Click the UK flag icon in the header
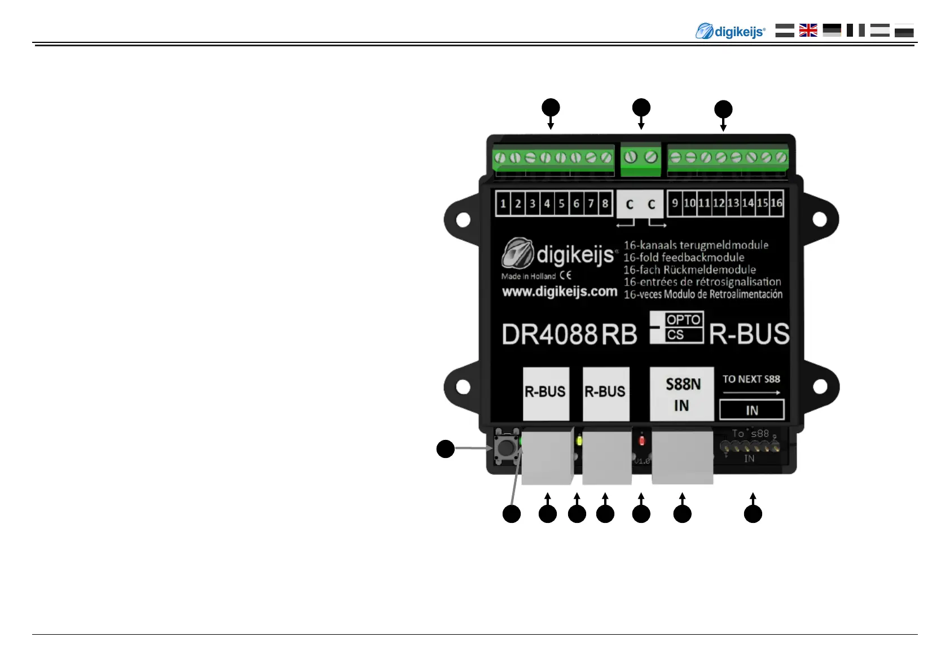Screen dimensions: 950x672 pyautogui.click(x=808, y=30)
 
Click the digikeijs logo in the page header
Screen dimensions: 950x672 pyautogui.click(x=731, y=31)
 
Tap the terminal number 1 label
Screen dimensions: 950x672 pyautogui.click(x=503, y=203)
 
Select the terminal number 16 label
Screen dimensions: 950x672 pyautogui.click(x=776, y=203)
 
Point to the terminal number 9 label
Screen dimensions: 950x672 pyautogui.click(x=675, y=203)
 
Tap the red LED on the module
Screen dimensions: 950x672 pyautogui.click(x=641, y=440)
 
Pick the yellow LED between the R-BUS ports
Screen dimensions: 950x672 pyautogui.click(x=579, y=440)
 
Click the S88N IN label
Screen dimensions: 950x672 pyautogui.click(x=682, y=394)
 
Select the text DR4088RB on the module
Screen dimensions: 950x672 pyautogui.click(x=569, y=334)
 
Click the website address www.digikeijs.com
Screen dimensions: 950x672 pyautogui.click(x=560, y=292)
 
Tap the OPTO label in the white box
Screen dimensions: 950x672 pyautogui.click(x=683, y=320)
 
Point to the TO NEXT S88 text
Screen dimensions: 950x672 pyautogui.click(x=751, y=379)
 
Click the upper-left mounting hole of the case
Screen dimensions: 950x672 pyautogui.click(x=463, y=219)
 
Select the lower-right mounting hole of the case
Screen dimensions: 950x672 pyautogui.click(x=820, y=387)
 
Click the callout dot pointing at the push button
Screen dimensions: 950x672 pyautogui.click(x=446, y=449)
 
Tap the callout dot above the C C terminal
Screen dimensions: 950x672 pyautogui.click(x=641, y=107)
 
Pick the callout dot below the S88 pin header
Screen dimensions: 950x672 pyautogui.click(x=753, y=514)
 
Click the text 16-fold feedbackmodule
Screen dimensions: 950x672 pyautogui.click(x=684, y=258)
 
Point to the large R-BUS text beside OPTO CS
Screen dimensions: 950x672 pyautogui.click(x=749, y=334)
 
